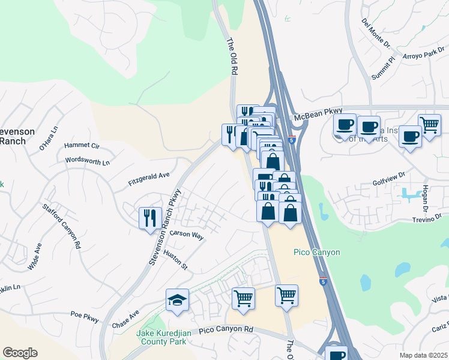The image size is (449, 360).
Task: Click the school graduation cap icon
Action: [178, 299]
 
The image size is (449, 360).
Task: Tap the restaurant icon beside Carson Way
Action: [149, 217]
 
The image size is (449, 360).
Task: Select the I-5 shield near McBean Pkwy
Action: [291, 140]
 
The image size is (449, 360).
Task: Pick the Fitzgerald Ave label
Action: [149, 178]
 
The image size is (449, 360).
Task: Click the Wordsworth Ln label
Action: [88, 161]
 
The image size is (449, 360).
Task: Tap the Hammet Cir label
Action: [82, 145]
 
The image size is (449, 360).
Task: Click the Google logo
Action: [20, 353]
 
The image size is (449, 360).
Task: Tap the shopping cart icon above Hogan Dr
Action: [429, 125]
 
